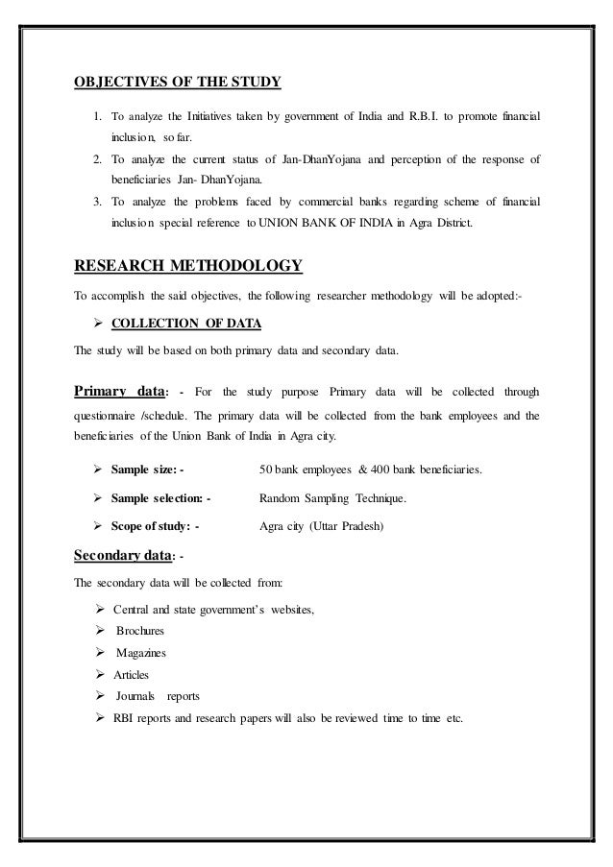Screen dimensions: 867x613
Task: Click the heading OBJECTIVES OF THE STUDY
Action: tap(177, 83)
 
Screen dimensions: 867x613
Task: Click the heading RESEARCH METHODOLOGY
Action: tap(188, 265)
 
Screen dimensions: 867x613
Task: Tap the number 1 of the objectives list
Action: tap(98, 117)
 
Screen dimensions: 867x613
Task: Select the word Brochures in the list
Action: tap(140, 631)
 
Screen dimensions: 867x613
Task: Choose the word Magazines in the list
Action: tap(141, 653)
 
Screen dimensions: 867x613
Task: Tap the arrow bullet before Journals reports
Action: tap(100, 697)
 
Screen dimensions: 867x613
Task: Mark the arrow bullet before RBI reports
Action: tap(100, 719)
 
